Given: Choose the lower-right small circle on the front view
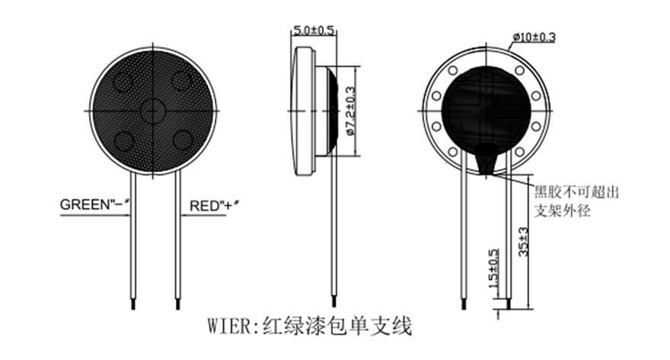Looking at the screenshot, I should pos(182,139).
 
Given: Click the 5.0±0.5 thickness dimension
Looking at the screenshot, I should pos(314,30).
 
